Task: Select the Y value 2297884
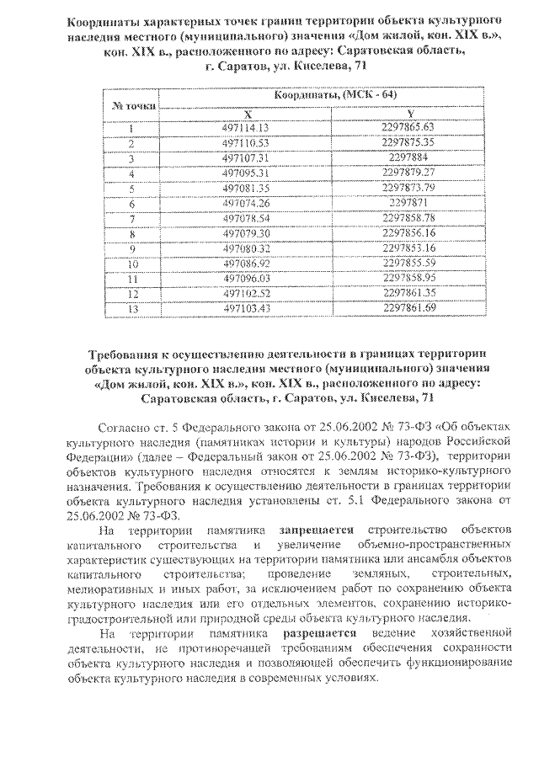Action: [x=408, y=157]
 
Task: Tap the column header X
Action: [x=248, y=112]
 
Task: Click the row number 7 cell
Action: [x=132, y=217]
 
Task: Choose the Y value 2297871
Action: [x=408, y=202]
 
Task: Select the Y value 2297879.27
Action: [x=408, y=172]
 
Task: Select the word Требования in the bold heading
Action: [x=127, y=354]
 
